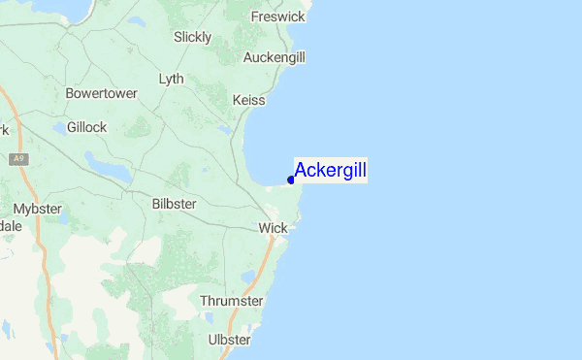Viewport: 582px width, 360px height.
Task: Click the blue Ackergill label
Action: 330,172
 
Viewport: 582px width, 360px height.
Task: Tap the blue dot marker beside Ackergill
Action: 291,180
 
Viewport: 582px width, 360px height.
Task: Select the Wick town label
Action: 273,228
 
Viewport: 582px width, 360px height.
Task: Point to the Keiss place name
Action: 249,100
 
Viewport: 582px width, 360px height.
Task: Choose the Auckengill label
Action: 275,58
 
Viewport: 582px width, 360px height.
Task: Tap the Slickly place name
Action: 192,37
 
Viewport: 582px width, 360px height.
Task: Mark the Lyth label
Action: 171,78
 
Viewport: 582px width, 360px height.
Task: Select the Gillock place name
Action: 86,127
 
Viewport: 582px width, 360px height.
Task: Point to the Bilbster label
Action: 175,204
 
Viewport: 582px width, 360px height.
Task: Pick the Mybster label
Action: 37,209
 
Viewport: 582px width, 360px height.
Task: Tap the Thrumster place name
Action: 231,301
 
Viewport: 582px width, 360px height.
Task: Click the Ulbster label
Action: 230,340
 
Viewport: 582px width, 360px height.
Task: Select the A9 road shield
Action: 17,158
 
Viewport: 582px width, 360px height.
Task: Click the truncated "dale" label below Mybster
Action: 10,226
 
